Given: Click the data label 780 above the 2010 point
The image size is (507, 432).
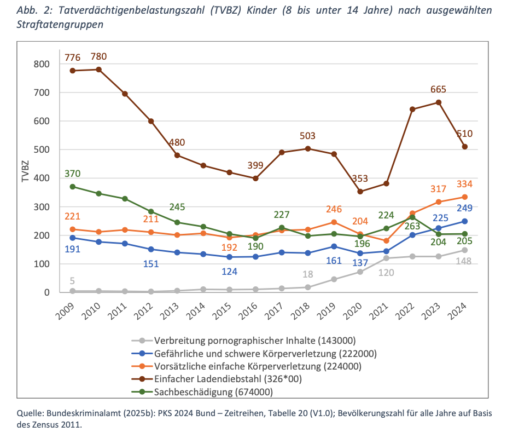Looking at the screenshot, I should pos(98,56).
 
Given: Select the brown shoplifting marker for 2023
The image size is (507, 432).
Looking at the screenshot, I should pos(438,102).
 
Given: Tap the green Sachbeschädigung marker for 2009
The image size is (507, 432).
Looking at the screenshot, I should pos(72,187).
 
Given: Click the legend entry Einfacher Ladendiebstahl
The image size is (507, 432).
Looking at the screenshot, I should pos(227,378).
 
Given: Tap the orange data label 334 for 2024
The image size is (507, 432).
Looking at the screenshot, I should pos(464,183).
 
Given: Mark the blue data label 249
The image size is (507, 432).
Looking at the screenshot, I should pos(464,208).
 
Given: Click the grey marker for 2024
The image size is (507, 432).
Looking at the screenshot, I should pos(464,250).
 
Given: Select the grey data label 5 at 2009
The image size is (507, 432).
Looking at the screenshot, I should pos(72,281).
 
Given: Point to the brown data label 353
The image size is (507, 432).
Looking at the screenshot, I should pos(360,178).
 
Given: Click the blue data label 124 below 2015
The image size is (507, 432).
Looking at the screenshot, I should pos(229,271).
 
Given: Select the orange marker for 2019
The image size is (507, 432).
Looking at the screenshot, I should pos(334,222).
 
